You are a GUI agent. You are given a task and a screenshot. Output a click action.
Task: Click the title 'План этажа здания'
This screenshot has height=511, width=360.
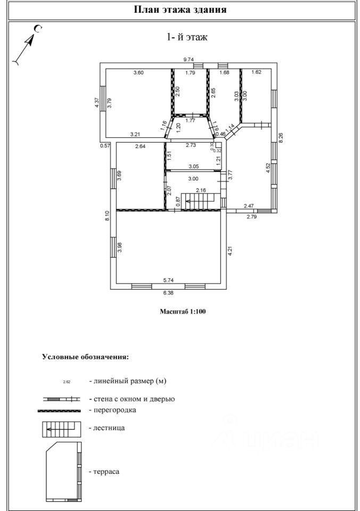(x=180, y=10)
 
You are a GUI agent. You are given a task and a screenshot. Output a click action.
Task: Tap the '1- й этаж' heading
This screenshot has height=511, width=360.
(x=187, y=37)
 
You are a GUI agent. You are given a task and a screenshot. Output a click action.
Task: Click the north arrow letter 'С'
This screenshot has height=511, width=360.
(x=38, y=29)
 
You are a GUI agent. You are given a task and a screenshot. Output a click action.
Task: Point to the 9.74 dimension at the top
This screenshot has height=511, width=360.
(x=189, y=59)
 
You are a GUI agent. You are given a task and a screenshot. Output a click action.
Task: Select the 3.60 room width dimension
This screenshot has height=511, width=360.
(x=138, y=73)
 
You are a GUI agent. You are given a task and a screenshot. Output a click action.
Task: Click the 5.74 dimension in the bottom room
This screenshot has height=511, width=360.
(x=168, y=279)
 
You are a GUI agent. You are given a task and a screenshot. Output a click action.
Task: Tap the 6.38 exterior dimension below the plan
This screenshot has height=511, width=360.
(x=168, y=293)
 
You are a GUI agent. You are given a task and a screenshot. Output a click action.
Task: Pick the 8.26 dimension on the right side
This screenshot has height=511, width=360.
(x=281, y=137)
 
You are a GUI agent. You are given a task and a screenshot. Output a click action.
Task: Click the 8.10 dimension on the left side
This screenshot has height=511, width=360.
(x=107, y=216)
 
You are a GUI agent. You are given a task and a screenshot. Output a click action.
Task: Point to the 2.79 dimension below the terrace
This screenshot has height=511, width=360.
(x=252, y=216)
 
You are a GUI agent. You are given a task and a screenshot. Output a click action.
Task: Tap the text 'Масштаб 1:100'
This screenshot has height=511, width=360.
(x=183, y=311)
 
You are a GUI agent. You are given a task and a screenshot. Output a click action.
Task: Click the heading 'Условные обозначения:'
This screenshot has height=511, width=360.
(x=85, y=357)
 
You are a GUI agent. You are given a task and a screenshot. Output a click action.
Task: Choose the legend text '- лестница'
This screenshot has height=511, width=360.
(x=107, y=427)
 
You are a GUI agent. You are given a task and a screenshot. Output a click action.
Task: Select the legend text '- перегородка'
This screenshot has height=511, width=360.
(x=112, y=410)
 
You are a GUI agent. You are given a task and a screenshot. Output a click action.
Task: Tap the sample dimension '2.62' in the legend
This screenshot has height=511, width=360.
(x=67, y=381)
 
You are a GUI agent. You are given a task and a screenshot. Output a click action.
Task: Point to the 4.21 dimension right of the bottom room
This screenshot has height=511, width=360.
(x=230, y=250)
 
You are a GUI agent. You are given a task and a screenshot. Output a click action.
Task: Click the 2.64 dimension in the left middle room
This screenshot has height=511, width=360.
(x=141, y=146)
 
